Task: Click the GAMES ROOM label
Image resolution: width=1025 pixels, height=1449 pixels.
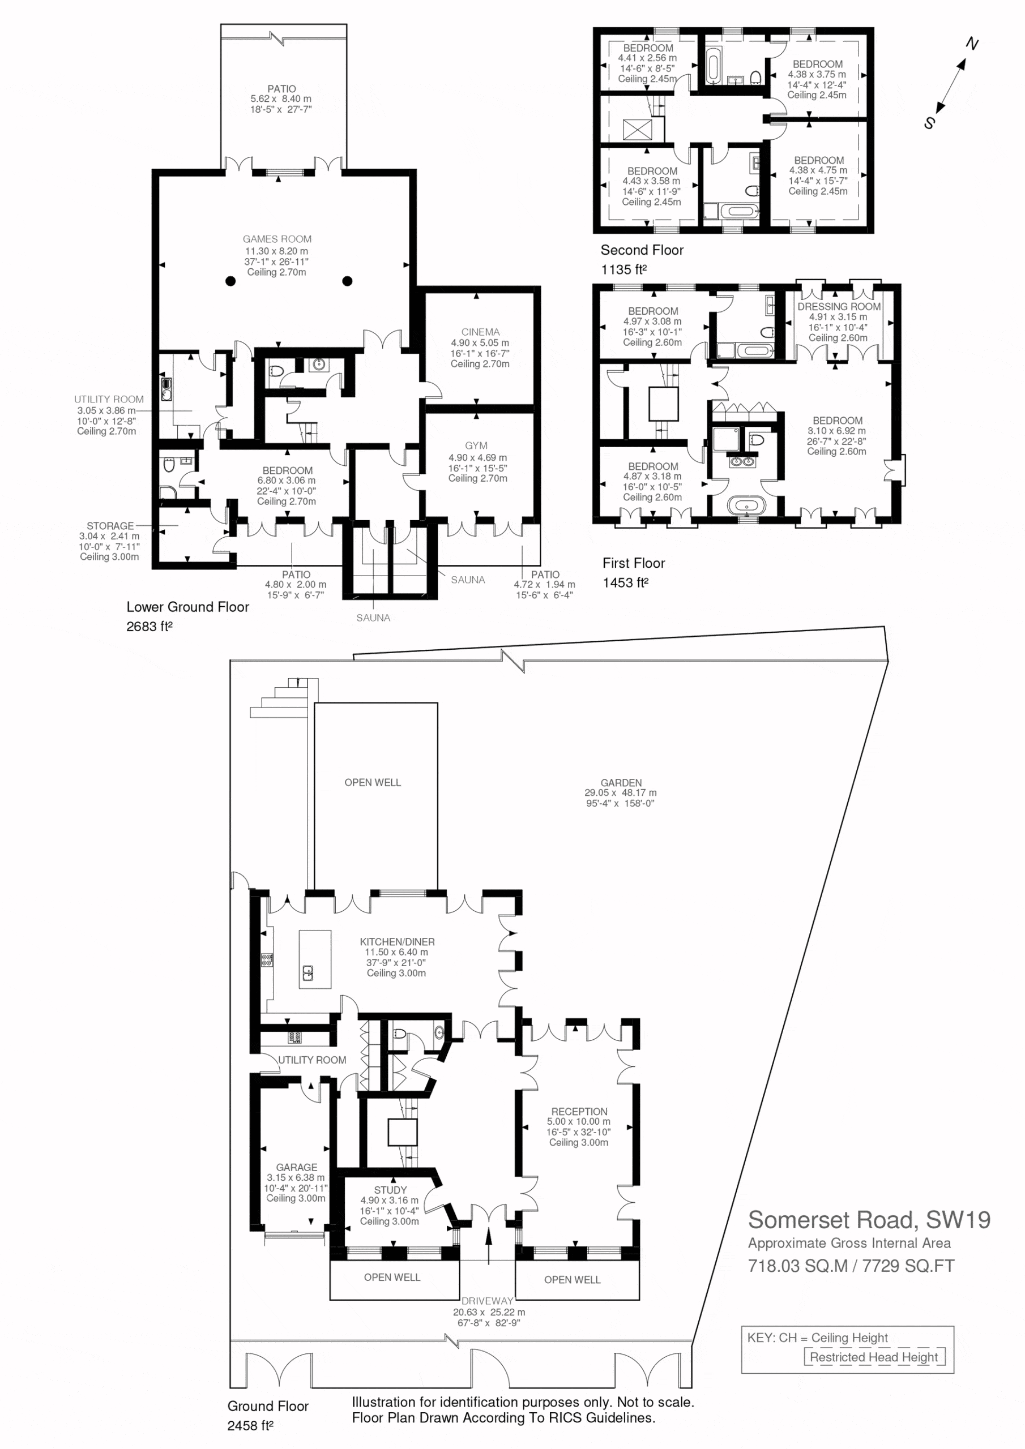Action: pos(277,239)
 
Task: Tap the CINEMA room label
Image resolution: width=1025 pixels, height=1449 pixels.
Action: pos(480,332)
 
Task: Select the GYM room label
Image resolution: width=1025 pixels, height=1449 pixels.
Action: pos(476,445)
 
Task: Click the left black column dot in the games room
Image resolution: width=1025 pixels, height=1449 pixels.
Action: pos(230,281)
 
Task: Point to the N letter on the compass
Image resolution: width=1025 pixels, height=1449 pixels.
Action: pos(972,44)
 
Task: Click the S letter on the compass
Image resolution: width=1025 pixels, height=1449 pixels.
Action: pos(929,123)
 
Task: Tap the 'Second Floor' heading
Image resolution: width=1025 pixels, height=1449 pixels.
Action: pos(642,251)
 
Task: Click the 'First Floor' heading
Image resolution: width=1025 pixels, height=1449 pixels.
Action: pos(634,563)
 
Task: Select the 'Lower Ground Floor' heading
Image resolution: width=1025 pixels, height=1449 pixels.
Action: pos(187,607)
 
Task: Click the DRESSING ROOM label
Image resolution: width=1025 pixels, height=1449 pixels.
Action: pos(839,307)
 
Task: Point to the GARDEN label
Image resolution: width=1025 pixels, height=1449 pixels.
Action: pos(621,783)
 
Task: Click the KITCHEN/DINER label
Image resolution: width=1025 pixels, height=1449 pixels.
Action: pos(397,942)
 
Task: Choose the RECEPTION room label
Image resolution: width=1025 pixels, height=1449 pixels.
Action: pos(579,1111)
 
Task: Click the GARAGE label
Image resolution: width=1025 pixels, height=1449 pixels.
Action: pos(296,1168)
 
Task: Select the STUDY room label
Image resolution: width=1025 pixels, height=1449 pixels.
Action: pos(390,1190)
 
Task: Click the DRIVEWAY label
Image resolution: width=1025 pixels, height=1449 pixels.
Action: pos(487,1301)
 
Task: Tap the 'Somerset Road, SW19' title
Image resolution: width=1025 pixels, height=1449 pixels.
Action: pos(869,1220)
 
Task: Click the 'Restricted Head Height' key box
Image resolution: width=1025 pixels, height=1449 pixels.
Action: pos(874,1357)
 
